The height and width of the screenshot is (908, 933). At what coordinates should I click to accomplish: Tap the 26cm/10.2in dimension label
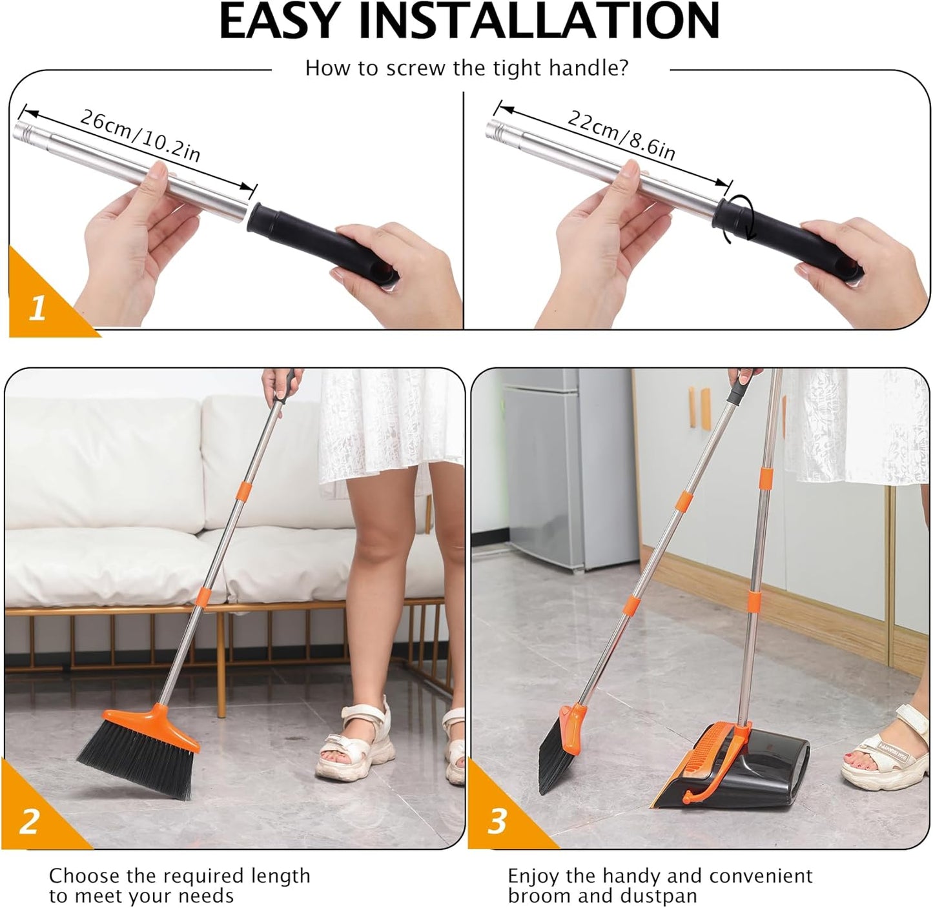pos(139,135)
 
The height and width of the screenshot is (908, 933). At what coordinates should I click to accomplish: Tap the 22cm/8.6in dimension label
pos(620,135)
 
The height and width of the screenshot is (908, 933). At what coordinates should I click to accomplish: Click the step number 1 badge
pos(37,308)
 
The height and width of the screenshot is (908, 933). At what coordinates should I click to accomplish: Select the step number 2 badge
pos(29,822)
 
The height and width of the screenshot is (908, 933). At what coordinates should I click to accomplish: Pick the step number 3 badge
pos(497,822)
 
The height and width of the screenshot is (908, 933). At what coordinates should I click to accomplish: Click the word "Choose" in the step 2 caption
pos(85,876)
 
